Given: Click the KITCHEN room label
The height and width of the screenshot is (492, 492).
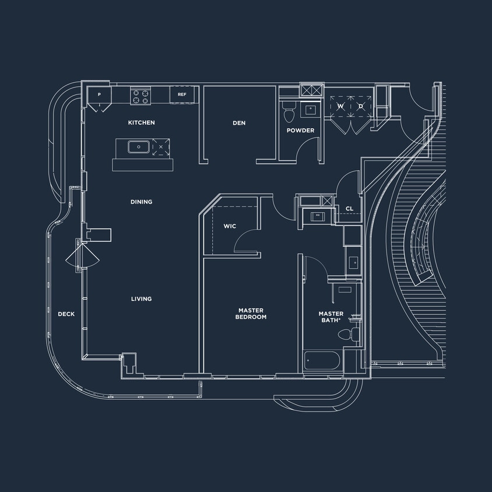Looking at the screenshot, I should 141,122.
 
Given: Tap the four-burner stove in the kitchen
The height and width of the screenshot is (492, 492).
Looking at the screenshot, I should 140,95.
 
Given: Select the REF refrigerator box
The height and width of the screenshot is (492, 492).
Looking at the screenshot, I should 182,94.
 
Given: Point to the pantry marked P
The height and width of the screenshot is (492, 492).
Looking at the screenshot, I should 99,95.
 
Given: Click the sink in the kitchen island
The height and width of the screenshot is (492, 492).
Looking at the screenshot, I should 138,147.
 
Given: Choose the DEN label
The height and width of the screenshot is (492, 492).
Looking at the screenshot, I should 239,123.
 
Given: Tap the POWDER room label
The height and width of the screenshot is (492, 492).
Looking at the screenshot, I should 300,131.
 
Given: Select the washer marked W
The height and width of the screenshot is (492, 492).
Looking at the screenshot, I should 340,106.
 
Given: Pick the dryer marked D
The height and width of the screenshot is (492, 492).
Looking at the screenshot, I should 361,106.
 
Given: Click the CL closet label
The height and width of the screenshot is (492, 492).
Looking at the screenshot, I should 349,208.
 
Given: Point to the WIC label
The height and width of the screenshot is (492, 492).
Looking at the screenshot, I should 230,226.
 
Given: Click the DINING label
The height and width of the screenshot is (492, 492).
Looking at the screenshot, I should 141,202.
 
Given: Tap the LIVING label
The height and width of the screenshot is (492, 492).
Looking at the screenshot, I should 141,298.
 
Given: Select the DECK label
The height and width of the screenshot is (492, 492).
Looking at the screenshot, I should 66,314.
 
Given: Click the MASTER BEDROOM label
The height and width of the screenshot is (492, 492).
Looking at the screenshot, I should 251,314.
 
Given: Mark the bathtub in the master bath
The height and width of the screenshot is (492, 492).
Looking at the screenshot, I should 323,360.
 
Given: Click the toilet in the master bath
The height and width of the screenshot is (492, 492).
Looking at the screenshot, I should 347,334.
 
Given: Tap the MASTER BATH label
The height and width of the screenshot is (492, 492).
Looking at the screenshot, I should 331,317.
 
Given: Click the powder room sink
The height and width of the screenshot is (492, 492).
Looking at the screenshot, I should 311,108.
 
